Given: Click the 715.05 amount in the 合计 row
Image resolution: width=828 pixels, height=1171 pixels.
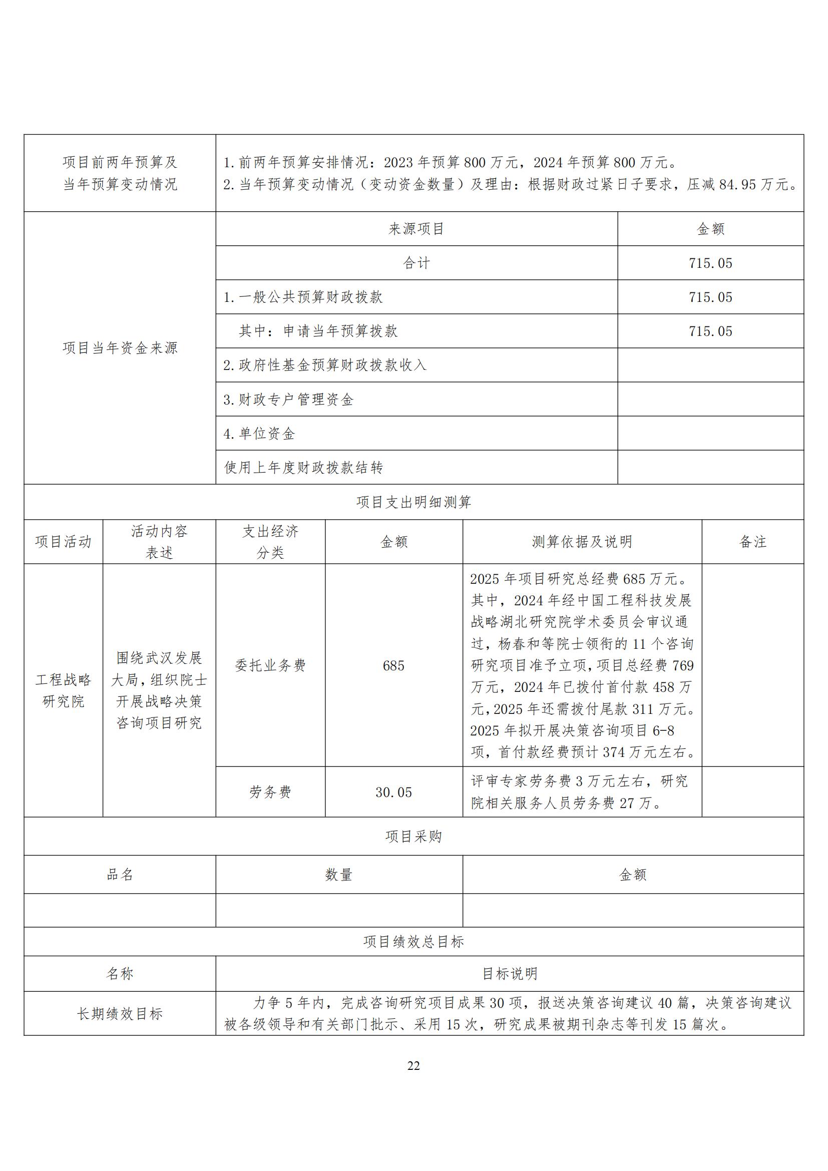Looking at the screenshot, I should pyautogui.click(x=710, y=263).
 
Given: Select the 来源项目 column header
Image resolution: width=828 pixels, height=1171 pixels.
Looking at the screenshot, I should pyautogui.click(x=417, y=229).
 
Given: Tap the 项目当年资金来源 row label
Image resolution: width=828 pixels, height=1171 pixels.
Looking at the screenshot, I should pyautogui.click(x=120, y=348).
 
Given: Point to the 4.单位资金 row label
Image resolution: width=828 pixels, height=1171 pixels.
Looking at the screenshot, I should pyautogui.click(x=259, y=434).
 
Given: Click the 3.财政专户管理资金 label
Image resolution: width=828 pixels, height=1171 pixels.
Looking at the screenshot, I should pyautogui.click(x=288, y=400).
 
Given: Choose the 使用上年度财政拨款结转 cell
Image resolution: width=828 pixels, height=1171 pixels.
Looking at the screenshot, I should pyautogui.click(x=304, y=467).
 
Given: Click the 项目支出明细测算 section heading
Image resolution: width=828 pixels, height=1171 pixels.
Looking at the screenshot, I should pyautogui.click(x=413, y=502).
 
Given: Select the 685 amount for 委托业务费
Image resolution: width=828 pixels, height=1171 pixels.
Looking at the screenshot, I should pyautogui.click(x=393, y=665).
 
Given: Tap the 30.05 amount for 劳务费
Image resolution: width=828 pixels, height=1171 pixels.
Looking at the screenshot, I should pyautogui.click(x=393, y=792).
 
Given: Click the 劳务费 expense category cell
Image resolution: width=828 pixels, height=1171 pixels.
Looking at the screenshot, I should pyautogui.click(x=270, y=792).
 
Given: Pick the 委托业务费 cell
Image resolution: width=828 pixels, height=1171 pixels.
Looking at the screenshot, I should pyautogui.click(x=270, y=665).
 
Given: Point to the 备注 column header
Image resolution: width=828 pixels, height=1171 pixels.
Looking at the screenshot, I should pyautogui.click(x=752, y=542).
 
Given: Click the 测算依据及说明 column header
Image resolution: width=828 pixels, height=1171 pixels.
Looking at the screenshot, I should pyautogui.click(x=582, y=542).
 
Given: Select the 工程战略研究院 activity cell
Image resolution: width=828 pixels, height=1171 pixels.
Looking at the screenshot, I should pyautogui.click(x=63, y=690).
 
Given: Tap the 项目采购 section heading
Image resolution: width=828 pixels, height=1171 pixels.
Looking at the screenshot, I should pyautogui.click(x=413, y=837).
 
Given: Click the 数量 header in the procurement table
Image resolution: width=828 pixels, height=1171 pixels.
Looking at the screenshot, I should pyautogui.click(x=339, y=875).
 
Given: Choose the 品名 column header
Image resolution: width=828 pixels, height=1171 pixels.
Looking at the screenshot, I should pyautogui.click(x=120, y=875).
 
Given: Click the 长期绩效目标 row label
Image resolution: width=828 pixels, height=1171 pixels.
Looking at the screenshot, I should pyautogui.click(x=120, y=1014).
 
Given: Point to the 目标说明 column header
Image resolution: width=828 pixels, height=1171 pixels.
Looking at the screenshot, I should pyautogui.click(x=509, y=974).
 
